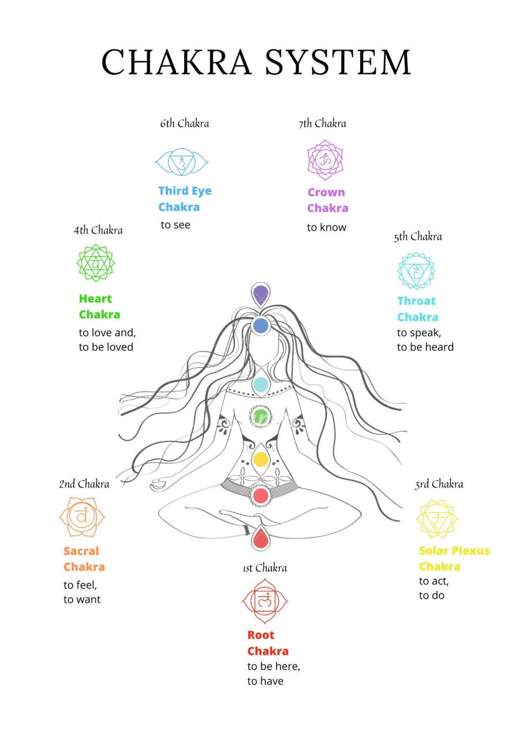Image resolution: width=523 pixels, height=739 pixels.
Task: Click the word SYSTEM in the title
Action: tap(338, 62)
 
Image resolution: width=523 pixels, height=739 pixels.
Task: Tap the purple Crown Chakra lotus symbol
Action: tap(325, 160)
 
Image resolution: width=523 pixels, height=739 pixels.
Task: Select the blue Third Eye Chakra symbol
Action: tap(182, 162)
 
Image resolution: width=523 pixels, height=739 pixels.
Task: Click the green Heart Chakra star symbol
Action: tap(96, 263)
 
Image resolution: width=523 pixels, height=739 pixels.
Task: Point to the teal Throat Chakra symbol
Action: tap(416, 271)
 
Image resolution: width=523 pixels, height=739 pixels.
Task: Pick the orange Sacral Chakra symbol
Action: tap(82, 517)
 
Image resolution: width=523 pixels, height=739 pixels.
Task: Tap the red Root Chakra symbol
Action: tap(265, 601)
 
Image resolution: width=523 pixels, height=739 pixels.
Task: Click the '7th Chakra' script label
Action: tap(322, 123)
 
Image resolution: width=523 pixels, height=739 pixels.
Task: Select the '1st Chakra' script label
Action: tap(265, 568)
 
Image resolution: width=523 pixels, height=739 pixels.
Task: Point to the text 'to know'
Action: tap(327, 227)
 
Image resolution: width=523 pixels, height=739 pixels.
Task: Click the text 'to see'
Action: tap(175, 225)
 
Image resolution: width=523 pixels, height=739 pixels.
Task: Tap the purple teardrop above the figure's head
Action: tap(260, 294)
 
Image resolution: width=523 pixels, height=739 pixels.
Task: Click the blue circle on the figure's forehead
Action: tap(260, 325)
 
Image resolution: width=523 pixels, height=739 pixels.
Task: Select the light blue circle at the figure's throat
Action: tap(260, 384)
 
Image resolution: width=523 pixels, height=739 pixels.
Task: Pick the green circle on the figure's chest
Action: tap(260, 417)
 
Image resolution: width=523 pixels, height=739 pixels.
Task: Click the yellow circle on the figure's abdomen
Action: tap(260, 460)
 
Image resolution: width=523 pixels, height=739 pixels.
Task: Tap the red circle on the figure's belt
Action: tap(260, 496)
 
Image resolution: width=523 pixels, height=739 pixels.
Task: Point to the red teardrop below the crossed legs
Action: tap(260, 538)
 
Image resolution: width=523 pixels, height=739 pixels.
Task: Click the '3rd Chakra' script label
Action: tap(439, 485)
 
